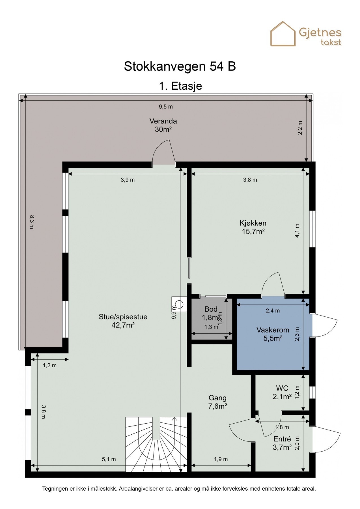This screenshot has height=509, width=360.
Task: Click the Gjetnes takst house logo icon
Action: click(283, 34)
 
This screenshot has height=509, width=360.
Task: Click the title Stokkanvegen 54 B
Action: click(180, 66)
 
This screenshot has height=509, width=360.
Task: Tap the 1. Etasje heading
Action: click(180, 86)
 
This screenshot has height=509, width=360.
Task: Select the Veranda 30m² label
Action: click(163, 125)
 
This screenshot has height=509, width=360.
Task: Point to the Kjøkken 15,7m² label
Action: click(253, 227)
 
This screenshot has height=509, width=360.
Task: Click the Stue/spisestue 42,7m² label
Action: click(123, 321)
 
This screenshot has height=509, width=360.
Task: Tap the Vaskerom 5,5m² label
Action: click(273, 334)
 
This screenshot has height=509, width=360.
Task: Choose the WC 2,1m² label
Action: click(282, 392)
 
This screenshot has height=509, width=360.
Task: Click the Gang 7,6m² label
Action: click(218, 402)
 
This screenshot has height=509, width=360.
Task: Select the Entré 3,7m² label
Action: click(282, 443)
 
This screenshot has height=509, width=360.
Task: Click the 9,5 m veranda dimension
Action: click(166, 107)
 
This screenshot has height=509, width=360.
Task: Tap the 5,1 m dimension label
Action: click(109, 459)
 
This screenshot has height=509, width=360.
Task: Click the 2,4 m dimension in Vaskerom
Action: click(273, 310)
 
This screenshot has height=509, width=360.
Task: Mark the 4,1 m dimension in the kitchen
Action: click(297, 231)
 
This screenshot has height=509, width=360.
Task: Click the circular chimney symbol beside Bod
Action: click(179, 304)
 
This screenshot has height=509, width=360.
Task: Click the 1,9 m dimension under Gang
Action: click(221, 459)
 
